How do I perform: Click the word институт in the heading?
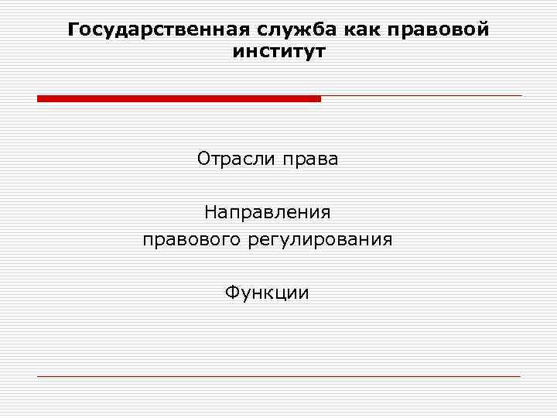click(x=278, y=53)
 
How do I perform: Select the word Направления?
click(x=267, y=211)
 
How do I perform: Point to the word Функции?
click(x=267, y=293)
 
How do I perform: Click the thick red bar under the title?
click(x=179, y=98)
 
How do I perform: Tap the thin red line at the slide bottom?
click(x=278, y=376)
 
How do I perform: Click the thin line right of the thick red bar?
click(x=422, y=96)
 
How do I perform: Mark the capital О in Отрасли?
click(x=204, y=159)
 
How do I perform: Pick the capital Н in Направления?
click(x=210, y=211)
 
